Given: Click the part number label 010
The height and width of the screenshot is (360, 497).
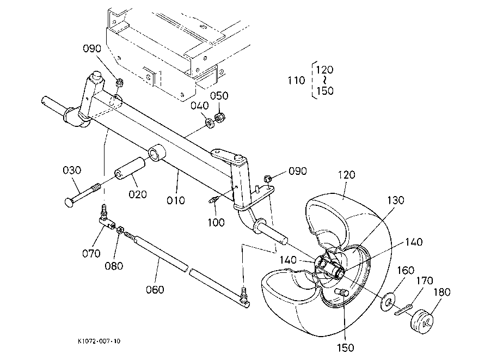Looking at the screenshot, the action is [176, 200].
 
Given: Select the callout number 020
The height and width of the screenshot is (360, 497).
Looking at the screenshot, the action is [138, 194].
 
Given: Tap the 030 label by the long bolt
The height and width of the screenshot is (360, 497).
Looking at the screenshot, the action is [72, 170].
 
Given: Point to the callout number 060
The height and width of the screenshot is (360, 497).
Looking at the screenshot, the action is [155, 290].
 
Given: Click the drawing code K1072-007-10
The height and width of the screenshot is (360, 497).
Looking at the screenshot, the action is [99, 341].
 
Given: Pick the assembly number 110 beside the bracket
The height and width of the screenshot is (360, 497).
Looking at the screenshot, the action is [296, 80].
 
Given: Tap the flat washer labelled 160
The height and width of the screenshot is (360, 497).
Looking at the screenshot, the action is [388, 302].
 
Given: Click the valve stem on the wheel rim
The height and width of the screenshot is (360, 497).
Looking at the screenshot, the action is [342, 292].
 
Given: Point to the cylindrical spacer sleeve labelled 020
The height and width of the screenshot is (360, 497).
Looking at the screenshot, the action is [130, 168].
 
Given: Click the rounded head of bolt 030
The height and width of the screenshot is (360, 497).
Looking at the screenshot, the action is [69, 203].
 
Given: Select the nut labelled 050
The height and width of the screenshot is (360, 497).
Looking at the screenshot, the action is [219, 117].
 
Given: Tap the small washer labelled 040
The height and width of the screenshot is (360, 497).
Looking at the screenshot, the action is [210, 123].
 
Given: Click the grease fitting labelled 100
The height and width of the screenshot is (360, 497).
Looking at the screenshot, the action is [213, 200].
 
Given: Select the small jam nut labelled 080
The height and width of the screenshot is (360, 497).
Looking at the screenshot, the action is [120, 230].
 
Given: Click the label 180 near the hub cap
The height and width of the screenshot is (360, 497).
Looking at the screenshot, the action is [442, 292].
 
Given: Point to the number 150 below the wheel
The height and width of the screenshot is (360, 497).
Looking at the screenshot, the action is [346, 348].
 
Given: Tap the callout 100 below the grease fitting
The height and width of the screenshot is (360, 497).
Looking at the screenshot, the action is [216, 222].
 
